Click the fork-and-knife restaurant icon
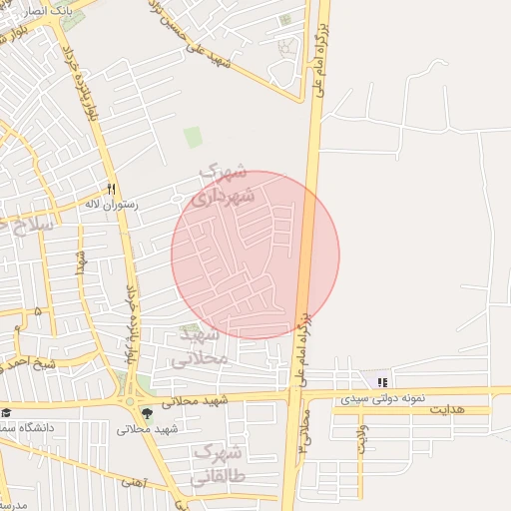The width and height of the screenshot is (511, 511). click(111, 189)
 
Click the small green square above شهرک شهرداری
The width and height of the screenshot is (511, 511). click(193, 138)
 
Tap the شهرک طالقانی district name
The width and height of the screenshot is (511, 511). click(231, 468)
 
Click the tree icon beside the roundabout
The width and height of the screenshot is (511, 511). click(148, 412)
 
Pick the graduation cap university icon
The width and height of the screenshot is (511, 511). click(6, 413)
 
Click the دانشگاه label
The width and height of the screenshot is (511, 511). click(30, 427)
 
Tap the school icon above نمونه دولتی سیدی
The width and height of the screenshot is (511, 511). click(382, 382)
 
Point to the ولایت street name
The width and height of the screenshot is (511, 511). click(362, 439)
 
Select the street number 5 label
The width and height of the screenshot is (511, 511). click(38, 312)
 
